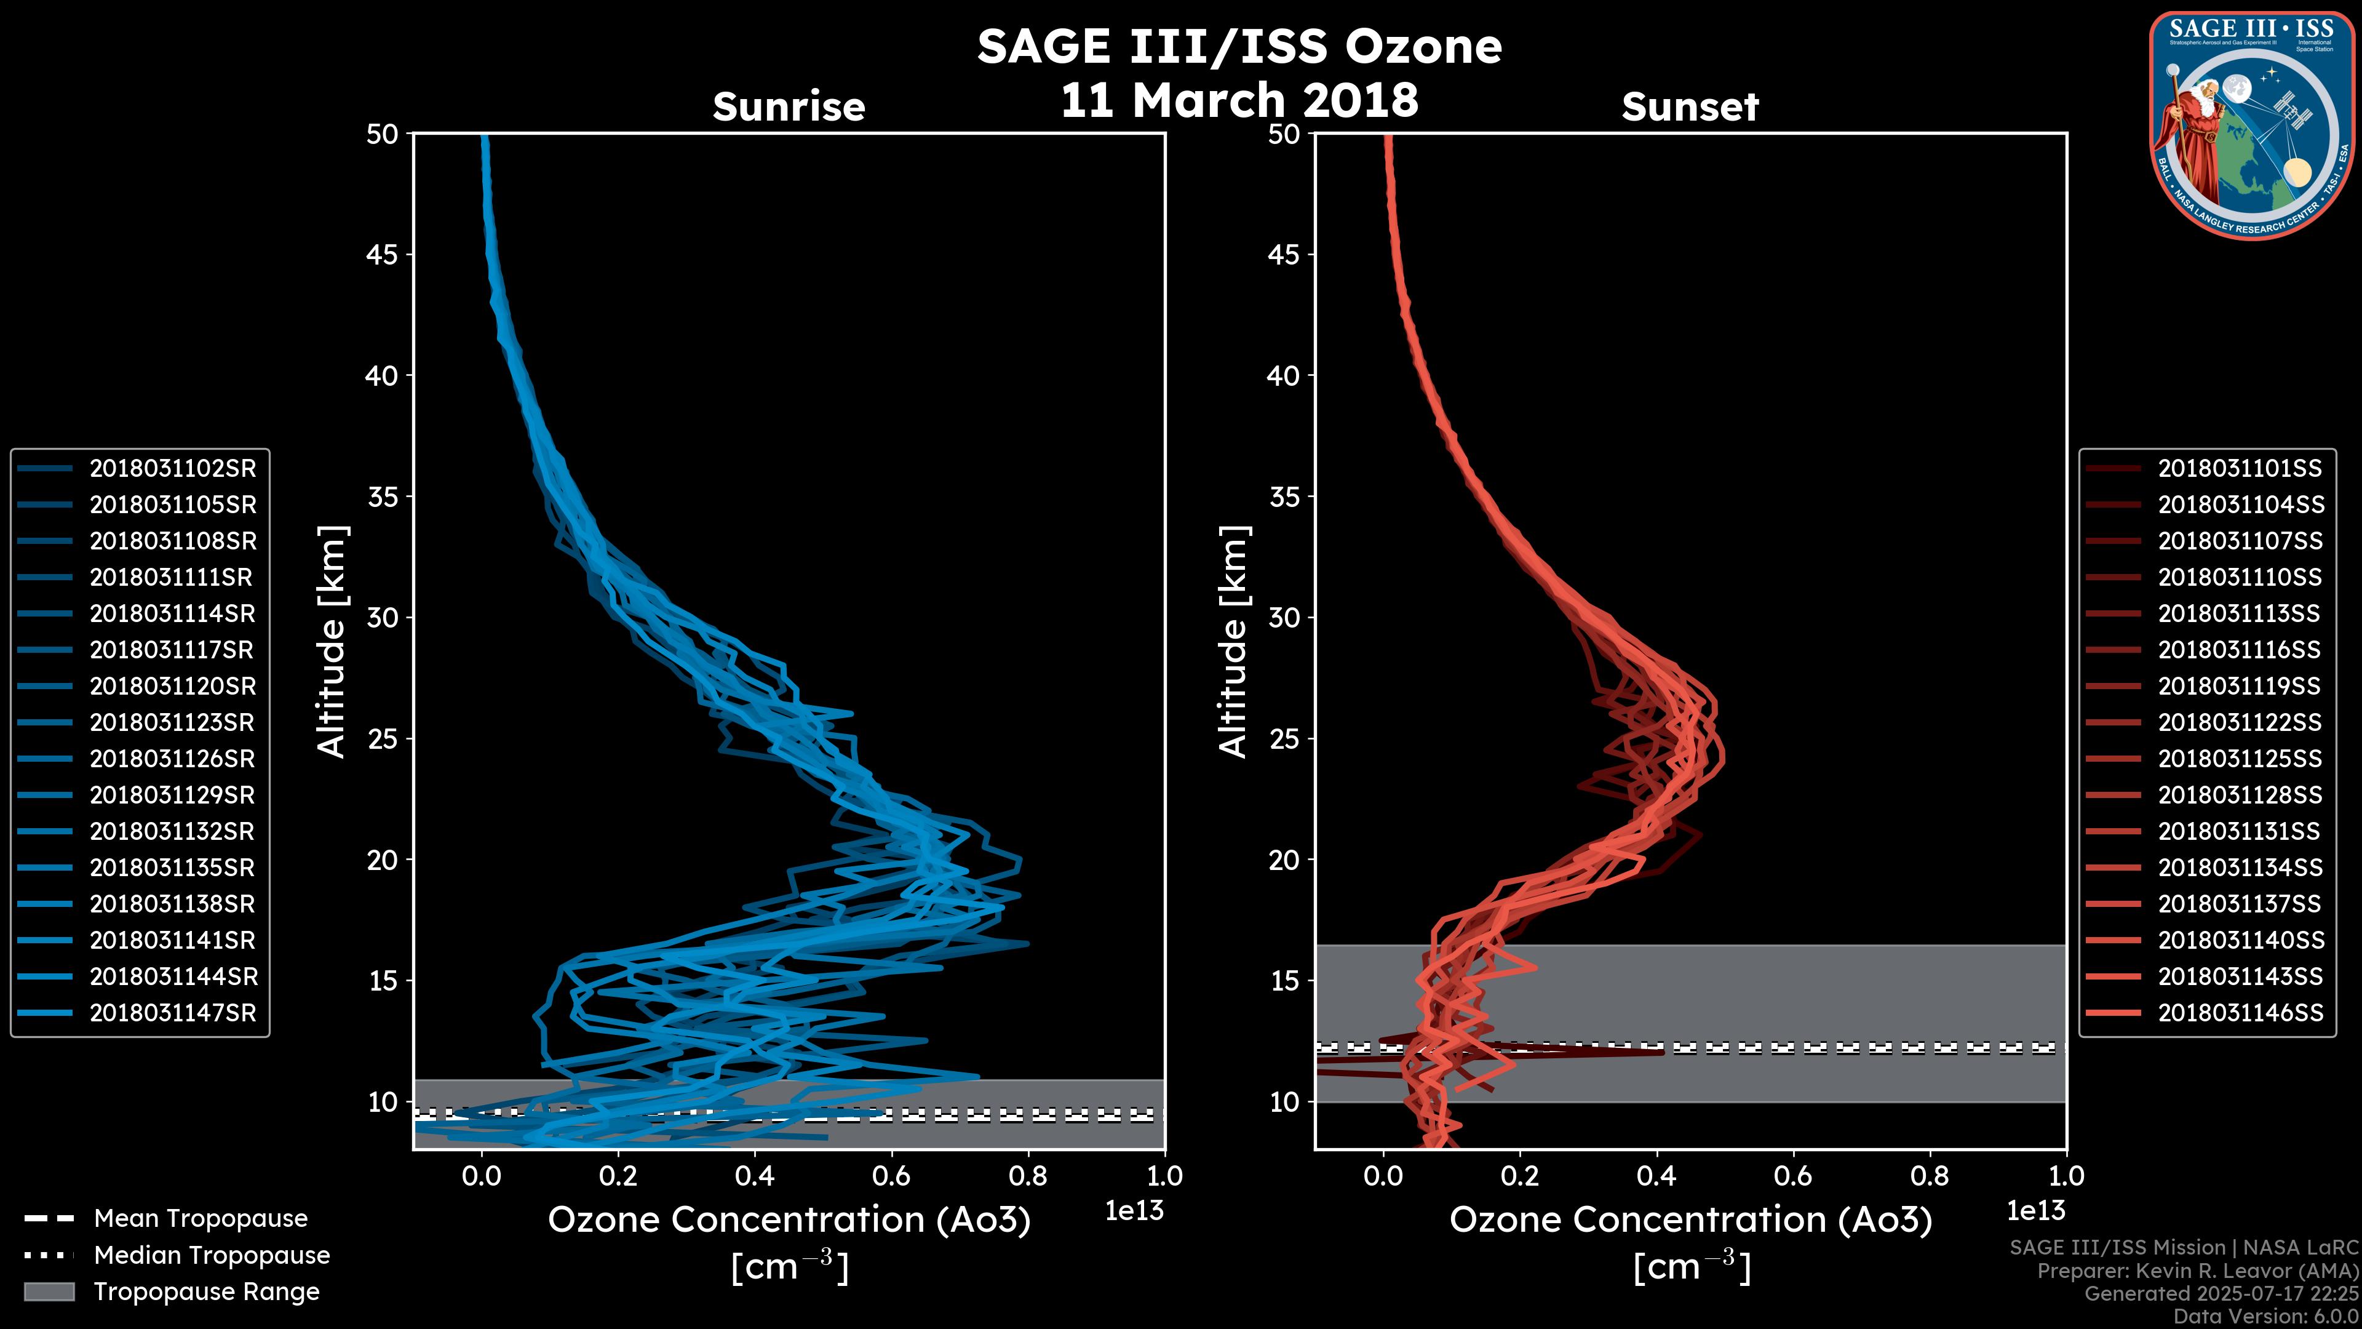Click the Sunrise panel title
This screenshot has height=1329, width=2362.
(x=789, y=106)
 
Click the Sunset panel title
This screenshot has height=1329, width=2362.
(x=1690, y=106)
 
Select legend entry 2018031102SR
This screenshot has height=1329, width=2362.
(x=172, y=469)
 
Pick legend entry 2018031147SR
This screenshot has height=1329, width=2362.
(x=172, y=1013)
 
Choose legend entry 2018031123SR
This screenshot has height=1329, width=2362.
(x=172, y=723)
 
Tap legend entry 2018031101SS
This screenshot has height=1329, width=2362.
(x=2239, y=469)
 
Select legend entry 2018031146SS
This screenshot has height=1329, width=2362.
(x=2239, y=1013)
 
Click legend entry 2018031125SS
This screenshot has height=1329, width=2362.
(x=2239, y=759)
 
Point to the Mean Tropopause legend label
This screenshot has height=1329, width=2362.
(x=201, y=1219)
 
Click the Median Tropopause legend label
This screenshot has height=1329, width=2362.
(x=212, y=1256)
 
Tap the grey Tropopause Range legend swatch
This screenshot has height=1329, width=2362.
(x=49, y=1291)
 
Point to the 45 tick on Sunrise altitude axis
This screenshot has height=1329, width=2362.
(x=383, y=255)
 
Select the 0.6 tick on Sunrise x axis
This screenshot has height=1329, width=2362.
(x=891, y=1176)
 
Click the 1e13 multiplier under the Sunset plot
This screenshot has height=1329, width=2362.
(x=2035, y=1211)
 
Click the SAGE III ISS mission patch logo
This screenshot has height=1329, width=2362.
(x=2251, y=125)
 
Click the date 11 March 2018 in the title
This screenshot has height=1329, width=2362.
(x=1239, y=100)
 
